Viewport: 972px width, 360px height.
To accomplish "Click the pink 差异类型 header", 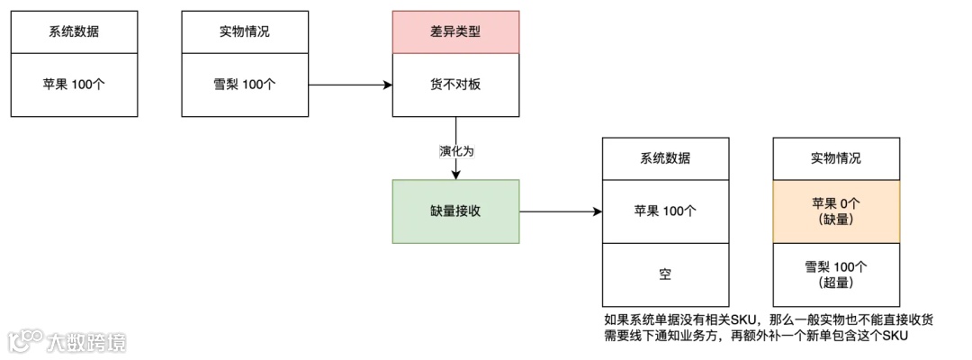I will coord(456,31).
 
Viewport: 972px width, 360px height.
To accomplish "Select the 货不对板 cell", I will coord(456,85).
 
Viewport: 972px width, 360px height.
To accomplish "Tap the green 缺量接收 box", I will coord(456,211).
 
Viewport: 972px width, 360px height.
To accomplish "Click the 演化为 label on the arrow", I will coord(456,150).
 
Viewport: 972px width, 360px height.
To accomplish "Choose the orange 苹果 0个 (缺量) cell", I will coord(836,211).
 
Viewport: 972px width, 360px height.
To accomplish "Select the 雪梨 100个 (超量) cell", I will coord(836,274).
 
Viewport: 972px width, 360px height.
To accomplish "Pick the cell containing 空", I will coord(665,274).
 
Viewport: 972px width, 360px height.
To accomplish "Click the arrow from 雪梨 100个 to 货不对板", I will coord(350,85).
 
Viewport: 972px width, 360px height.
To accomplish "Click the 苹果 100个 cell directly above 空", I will coord(665,211).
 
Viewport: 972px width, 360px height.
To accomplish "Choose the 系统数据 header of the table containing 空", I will coord(665,158).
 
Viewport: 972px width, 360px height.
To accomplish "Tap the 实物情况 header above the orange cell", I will coord(836,158).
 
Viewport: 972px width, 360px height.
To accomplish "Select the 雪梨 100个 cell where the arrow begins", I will coord(245,85).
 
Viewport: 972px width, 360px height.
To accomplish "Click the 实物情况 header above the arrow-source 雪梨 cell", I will coord(245,31).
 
